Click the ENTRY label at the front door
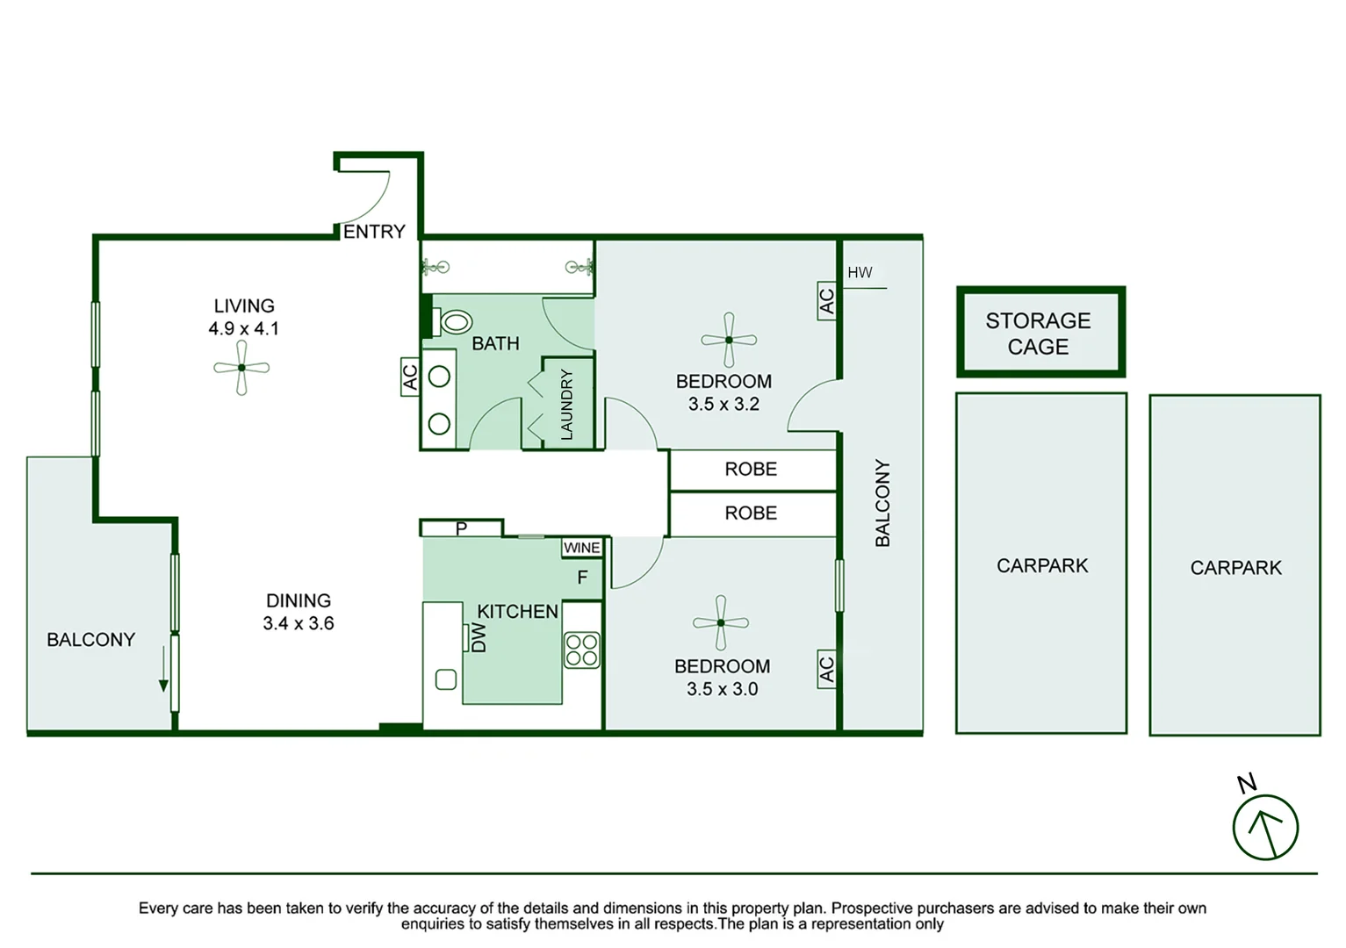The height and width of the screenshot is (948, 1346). (374, 232)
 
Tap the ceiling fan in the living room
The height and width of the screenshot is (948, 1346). (241, 368)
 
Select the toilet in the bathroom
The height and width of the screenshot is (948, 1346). (454, 322)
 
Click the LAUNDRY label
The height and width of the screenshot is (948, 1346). (566, 405)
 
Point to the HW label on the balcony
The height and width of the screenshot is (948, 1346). (860, 273)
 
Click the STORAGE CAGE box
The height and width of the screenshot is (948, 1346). (1040, 333)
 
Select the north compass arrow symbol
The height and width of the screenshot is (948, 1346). (1264, 827)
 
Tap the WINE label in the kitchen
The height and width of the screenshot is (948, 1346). (582, 548)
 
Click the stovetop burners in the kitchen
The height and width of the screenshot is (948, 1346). (581, 650)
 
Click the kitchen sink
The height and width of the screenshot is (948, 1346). (446, 679)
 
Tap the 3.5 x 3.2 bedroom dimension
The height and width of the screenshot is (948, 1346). (723, 405)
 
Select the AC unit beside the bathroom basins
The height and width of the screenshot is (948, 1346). (410, 377)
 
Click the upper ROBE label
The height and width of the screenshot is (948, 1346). (751, 470)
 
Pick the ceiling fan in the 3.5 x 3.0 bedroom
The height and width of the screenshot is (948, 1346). (720, 622)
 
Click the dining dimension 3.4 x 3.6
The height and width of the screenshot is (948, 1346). (299, 624)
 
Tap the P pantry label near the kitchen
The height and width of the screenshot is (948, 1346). (461, 528)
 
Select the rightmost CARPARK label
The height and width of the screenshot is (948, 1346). (1235, 568)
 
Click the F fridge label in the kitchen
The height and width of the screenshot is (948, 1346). (582, 578)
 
